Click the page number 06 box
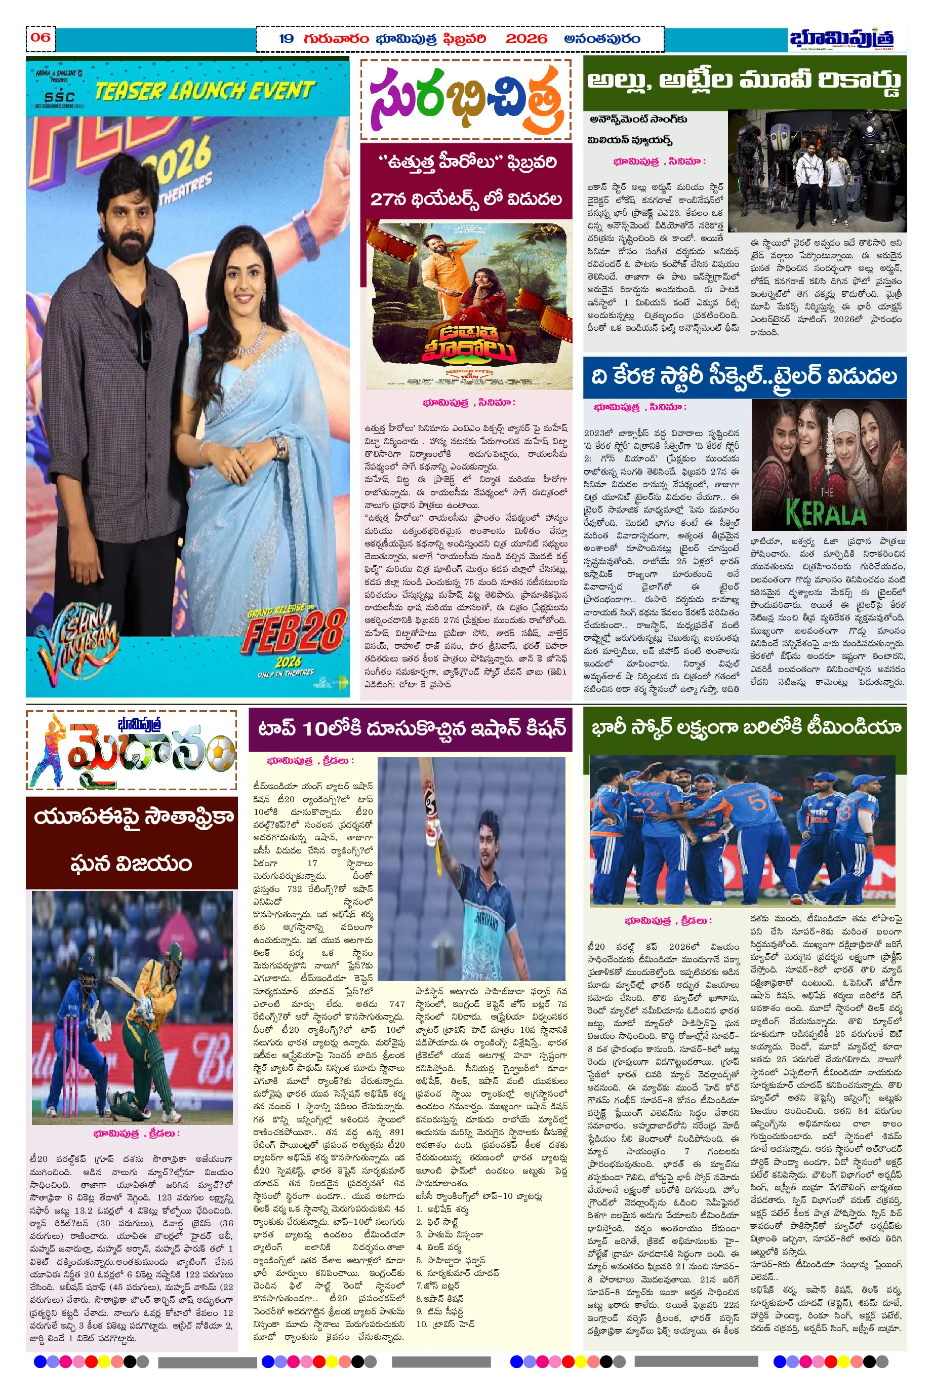(40, 37)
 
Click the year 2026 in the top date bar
(525, 38)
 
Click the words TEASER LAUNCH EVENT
(204, 91)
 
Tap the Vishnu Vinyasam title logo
(77, 643)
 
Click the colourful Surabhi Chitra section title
(465, 101)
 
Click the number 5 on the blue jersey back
(757, 802)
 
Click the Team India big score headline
(745, 727)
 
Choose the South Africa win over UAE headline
(132, 840)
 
